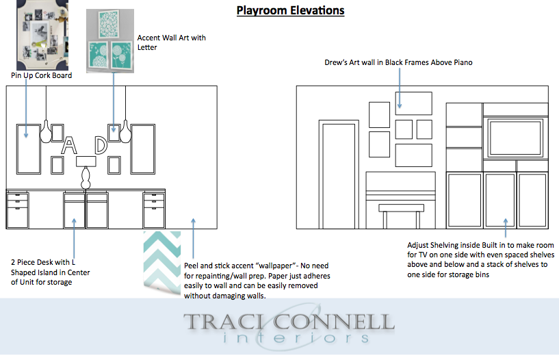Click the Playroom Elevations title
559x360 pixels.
click(x=291, y=10)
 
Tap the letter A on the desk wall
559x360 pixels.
click(x=69, y=145)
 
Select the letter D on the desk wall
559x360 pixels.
click(x=101, y=145)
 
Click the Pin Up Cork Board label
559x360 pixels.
click(x=41, y=75)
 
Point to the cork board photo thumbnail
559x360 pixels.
click(x=42, y=35)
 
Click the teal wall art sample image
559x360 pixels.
click(x=110, y=41)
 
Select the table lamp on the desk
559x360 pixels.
click(x=86, y=172)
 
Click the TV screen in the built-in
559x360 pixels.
click(x=516, y=138)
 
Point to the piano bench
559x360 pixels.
click(x=401, y=216)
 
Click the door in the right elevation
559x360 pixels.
click(x=339, y=175)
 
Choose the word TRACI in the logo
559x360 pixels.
click(x=224, y=322)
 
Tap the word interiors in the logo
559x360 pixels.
click(x=296, y=337)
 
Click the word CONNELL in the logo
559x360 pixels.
click(x=334, y=322)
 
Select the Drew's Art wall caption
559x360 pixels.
click(x=398, y=62)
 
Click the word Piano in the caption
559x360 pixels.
click(x=463, y=62)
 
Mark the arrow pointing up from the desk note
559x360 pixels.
click(x=74, y=237)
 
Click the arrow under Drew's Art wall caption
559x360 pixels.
click(x=400, y=88)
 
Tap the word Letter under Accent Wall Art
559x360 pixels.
click(x=147, y=47)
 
